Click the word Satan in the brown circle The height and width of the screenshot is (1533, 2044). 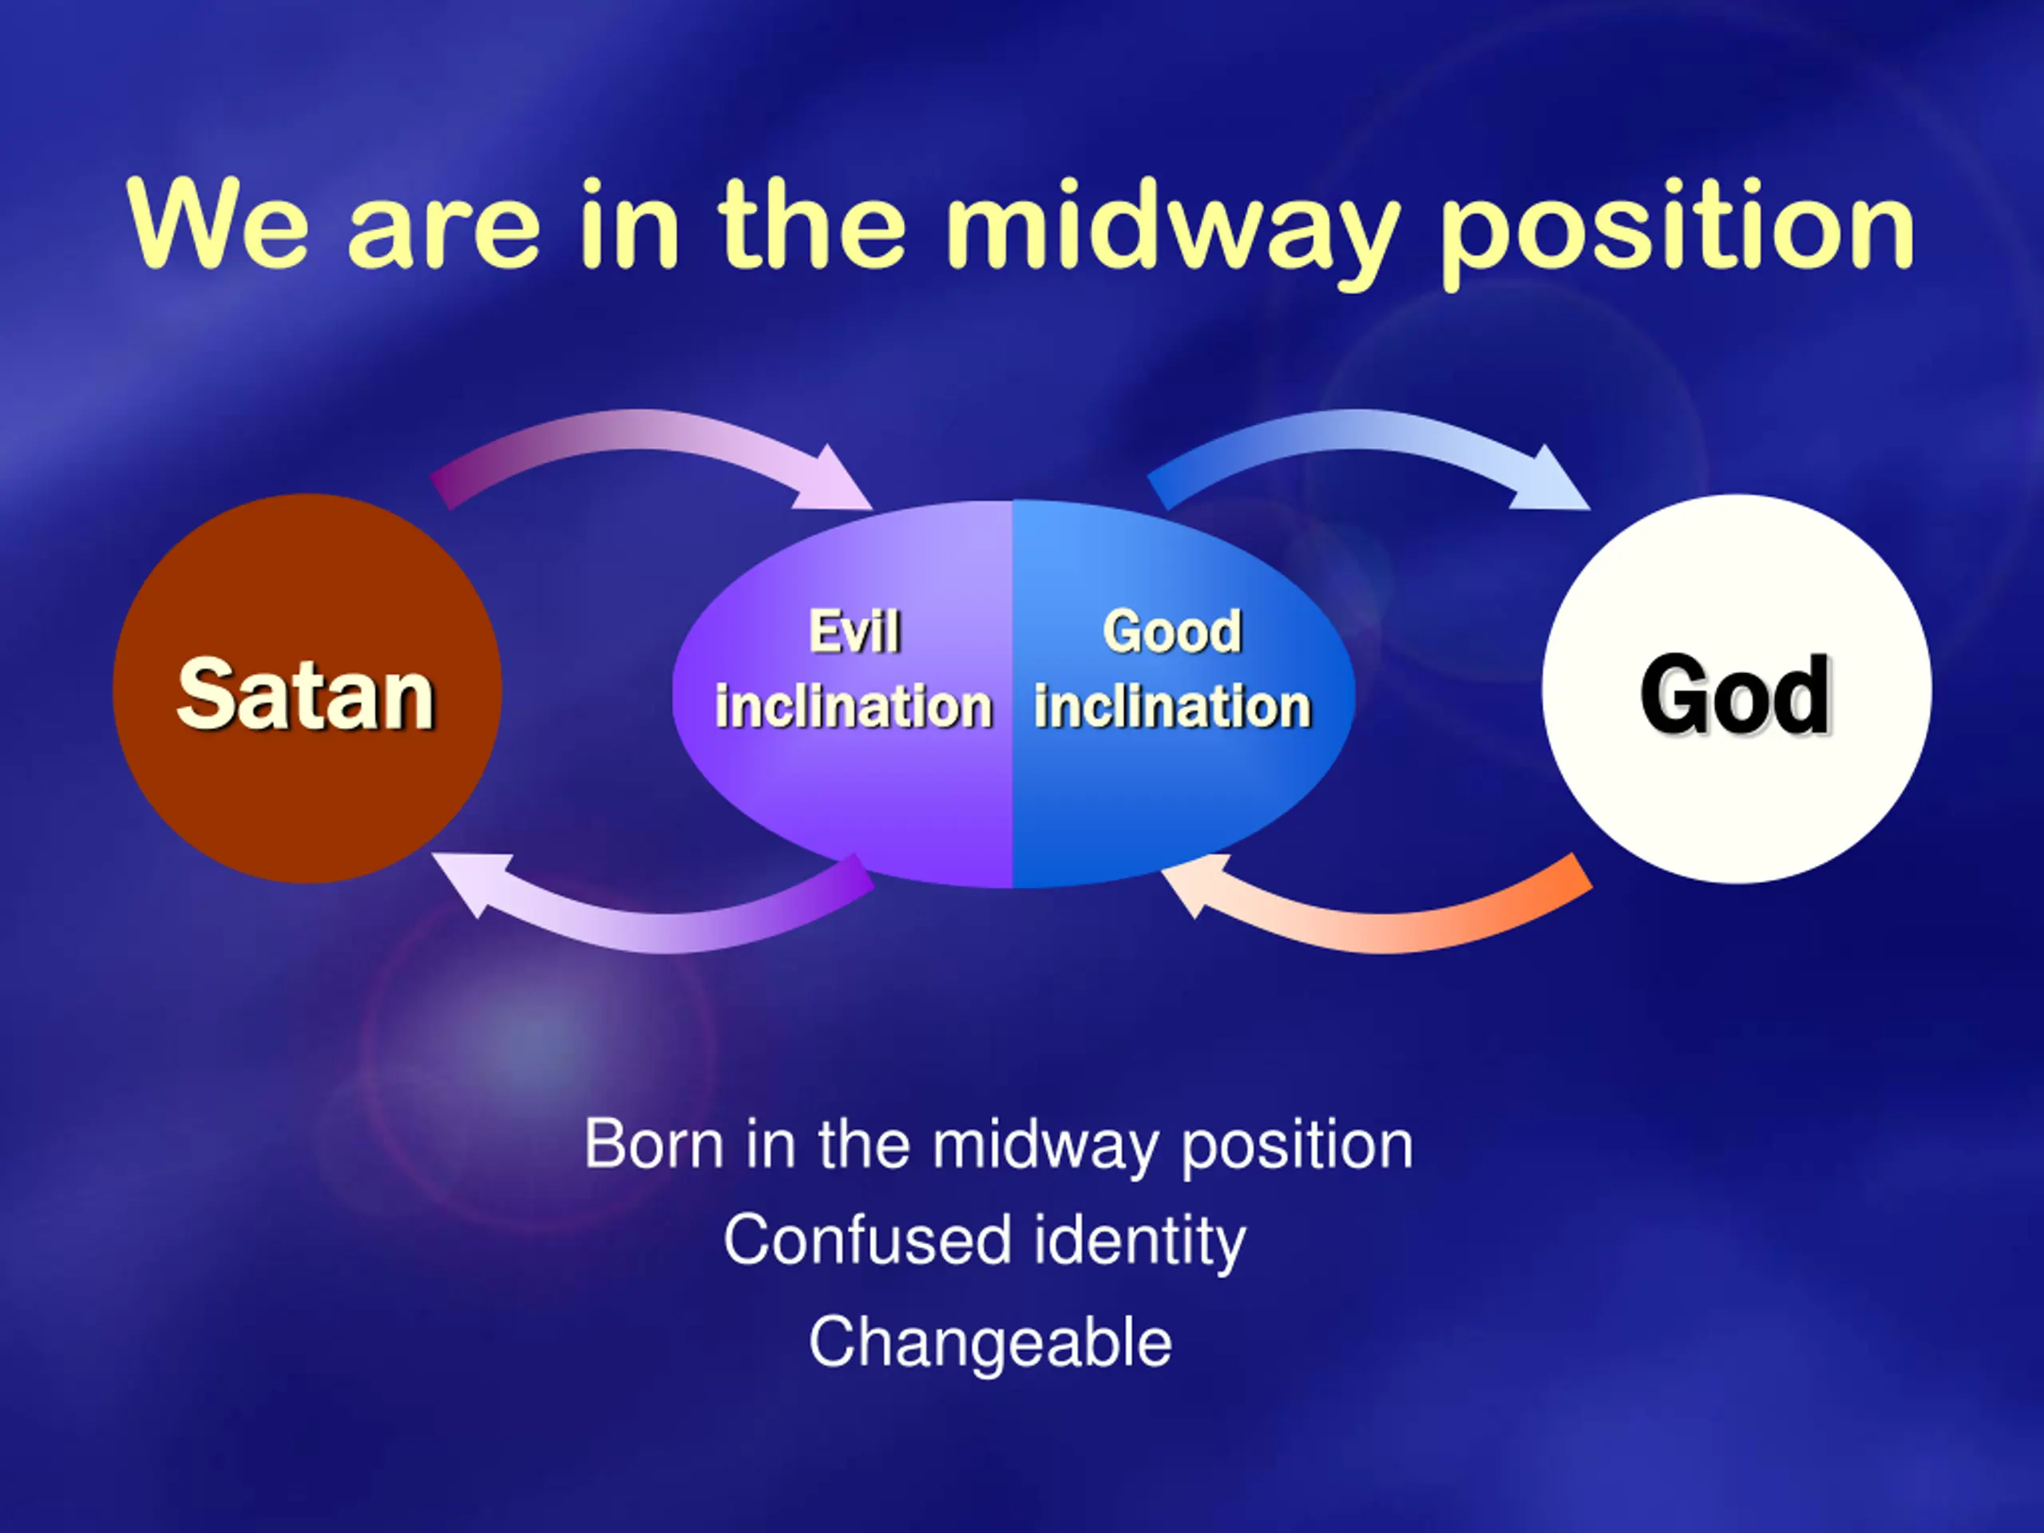[306, 694]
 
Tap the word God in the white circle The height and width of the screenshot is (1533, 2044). [1735, 694]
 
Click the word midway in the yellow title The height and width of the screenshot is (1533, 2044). [1171, 229]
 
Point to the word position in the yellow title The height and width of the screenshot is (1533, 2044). [1678, 229]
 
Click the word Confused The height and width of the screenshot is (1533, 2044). [868, 1240]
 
